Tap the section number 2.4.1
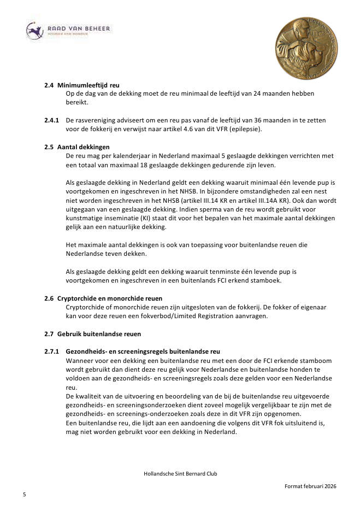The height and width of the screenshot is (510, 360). click(x=52, y=120)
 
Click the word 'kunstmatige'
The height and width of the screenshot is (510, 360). click(x=83, y=218)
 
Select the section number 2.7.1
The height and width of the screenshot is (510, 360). click(x=52, y=351)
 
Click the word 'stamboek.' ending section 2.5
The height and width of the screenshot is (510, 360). click(x=267, y=280)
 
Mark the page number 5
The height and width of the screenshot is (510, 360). click(x=25, y=494)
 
